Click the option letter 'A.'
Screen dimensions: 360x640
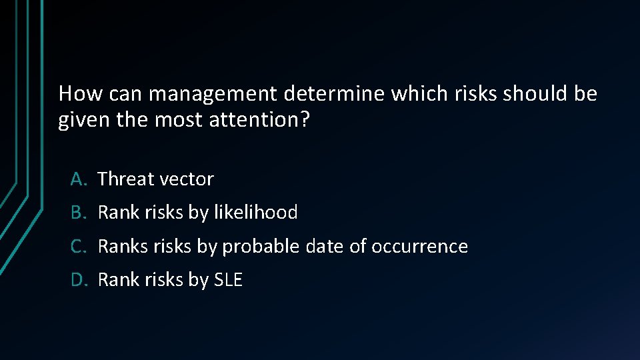pos(79,179)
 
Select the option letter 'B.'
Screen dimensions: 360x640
pos(79,213)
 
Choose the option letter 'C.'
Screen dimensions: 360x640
pos(79,247)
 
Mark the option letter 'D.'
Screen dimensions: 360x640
pos(79,280)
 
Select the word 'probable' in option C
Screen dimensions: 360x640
pos(261,247)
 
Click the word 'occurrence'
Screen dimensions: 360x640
pos(419,247)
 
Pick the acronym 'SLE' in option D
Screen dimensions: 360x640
pos(228,280)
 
